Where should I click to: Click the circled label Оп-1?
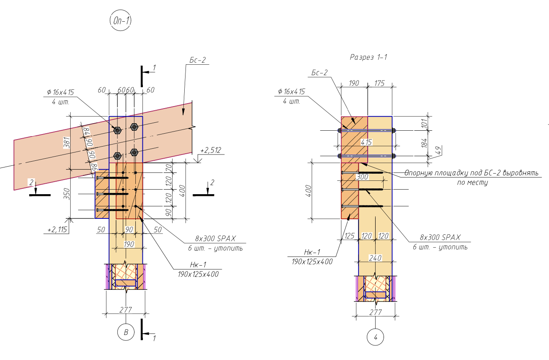(120, 20)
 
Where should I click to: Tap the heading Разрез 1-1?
(369, 57)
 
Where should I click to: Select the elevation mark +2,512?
(211, 150)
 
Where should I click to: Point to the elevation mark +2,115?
(57, 229)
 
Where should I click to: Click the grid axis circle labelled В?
(126, 332)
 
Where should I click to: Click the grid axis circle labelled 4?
(375, 337)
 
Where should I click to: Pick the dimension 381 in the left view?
(67, 143)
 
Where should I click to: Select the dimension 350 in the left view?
(67, 194)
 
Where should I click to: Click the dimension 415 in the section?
(366, 142)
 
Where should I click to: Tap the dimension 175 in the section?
(379, 84)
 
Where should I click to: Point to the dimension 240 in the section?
(375, 258)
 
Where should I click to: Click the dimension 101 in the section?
(424, 123)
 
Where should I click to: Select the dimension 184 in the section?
(424, 143)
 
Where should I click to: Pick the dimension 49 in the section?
(439, 150)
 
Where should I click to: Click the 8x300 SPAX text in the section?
(440, 237)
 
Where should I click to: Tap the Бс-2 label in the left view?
(197, 60)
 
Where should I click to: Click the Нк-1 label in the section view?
(312, 252)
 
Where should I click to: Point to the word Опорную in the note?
(418, 173)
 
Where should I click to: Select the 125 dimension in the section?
(350, 236)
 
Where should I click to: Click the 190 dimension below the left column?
(129, 244)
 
